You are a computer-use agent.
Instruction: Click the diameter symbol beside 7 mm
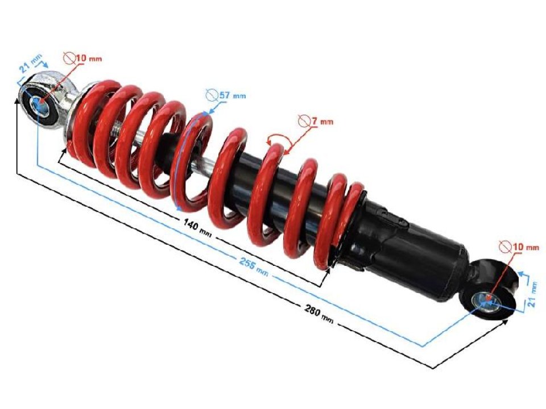coord(304,120)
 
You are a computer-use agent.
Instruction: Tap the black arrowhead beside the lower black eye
coord(505,322)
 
